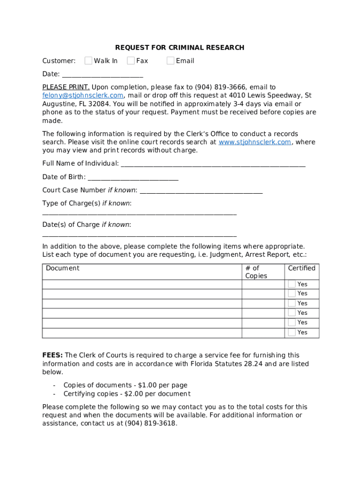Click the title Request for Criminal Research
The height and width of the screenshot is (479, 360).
[x=180, y=48]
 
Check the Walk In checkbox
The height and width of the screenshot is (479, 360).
[x=88, y=60]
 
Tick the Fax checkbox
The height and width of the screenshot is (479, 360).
[x=131, y=60]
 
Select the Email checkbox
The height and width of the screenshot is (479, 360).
[x=171, y=60]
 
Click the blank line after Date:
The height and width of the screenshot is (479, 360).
[x=102, y=74]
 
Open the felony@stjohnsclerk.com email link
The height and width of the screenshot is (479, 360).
[x=83, y=95]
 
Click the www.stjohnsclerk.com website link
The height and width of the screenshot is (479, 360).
[x=255, y=142]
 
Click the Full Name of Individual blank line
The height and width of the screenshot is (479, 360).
[x=213, y=164]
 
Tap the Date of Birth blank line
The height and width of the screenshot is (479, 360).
[x=133, y=177]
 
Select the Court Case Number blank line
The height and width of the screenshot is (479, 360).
[x=201, y=190]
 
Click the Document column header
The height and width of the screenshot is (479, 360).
[x=63, y=268]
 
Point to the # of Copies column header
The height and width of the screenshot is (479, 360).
[x=256, y=272]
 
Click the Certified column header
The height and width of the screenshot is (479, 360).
[x=302, y=268]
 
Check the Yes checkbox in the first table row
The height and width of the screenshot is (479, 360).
[x=292, y=284]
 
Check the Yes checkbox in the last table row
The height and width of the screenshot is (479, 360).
[x=292, y=332]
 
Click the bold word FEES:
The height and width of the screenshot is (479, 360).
[x=52, y=356]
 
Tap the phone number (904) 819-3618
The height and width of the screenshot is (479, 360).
[x=151, y=424]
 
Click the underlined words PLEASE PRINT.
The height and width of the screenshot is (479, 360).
[x=66, y=87]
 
